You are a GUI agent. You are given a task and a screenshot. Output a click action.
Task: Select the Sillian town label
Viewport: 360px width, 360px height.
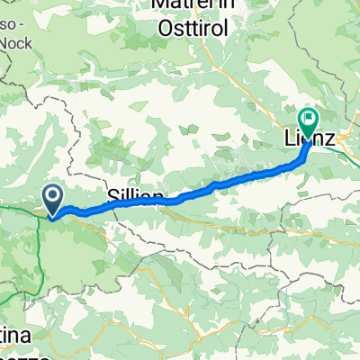click(135, 196)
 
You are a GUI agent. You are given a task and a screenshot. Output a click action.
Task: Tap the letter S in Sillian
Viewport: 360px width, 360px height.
click(112, 196)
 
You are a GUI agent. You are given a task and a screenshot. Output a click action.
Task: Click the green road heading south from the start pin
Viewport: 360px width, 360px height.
click(39, 243)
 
